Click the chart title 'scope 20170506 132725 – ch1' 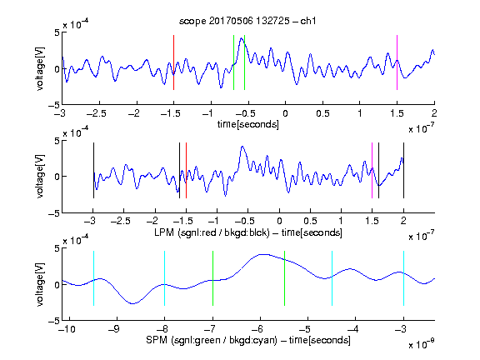pos(247,21)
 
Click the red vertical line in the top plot pos(173,62)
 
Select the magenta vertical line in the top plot pos(397,62)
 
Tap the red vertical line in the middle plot pos(186,171)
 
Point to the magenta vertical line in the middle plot pos(372,171)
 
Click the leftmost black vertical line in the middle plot pos(93,171)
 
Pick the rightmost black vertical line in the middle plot pos(403,171)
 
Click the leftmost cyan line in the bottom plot pos(93,278)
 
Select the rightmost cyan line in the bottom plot pos(403,278)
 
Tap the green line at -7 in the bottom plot pos(212,278)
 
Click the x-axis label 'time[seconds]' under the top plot pos(248,124)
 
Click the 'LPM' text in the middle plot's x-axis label pos(164,232)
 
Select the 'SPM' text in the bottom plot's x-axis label pos(157,340)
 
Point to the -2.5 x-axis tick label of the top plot pos(97,114)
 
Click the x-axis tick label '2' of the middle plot pos(403,221)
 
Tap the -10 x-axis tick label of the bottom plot pos(66,329)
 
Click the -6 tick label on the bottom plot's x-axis pos(257,329)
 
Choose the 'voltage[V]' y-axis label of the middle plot pos(40,176)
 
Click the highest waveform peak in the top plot pos(242,38)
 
